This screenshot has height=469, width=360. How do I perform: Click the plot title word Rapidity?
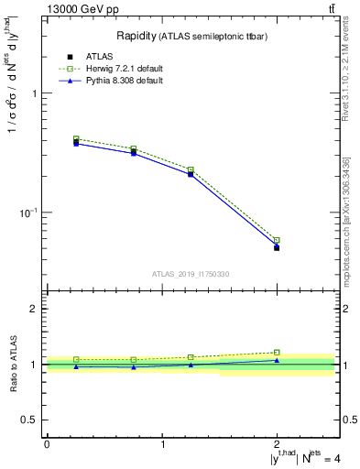coord(136,36)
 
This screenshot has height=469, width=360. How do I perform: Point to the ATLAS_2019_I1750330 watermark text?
coord(190,274)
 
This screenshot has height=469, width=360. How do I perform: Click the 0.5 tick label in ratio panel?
coord(28,420)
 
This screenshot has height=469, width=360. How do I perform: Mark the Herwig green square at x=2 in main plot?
coord(277,241)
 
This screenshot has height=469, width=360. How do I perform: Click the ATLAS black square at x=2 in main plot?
coord(277,247)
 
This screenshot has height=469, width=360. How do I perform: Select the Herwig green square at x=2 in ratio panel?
coord(277,352)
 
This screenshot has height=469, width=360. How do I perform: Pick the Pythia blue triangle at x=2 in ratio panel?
coord(277,360)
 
